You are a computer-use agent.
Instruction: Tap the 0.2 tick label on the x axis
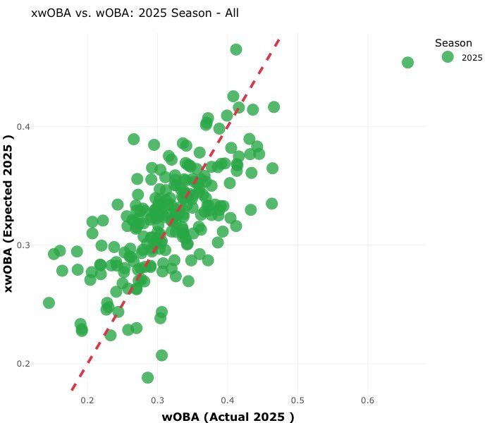click(x=87, y=400)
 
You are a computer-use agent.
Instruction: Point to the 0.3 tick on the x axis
click(x=157, y=400)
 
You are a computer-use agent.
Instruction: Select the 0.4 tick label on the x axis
click(x=227, y=400)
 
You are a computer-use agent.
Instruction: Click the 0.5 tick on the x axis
click(x=297, y=400)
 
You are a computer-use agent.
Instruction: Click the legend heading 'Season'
click(x=453, y=43)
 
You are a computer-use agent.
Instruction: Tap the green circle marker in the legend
click(x=447, y=58)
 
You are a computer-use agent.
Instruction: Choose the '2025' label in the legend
click(x=472, y=58)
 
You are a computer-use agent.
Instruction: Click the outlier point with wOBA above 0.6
click(x=407, y=63)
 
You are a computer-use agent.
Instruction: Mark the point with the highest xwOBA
click(x=236, y=49)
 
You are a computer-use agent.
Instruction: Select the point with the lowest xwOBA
click(x=147, y=377)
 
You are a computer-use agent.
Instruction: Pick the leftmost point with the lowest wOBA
click(x=49, y=302)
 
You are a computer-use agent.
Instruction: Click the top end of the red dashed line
click(x=280, y=39)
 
